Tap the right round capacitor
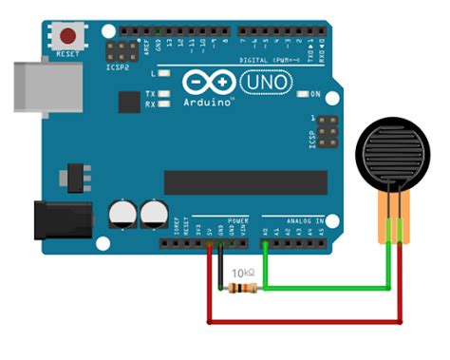(x=152, y=214)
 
